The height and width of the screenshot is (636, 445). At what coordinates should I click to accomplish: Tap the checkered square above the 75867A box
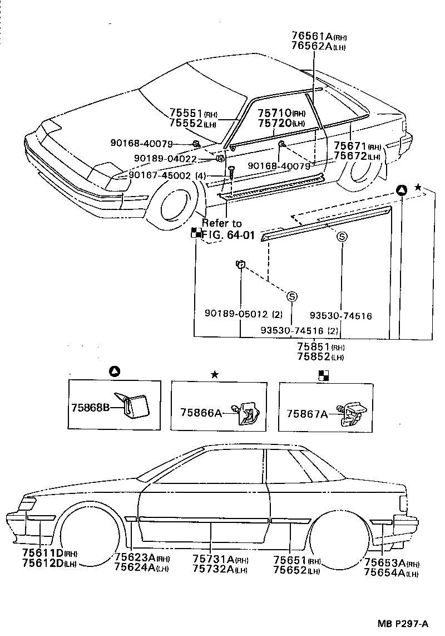[323, 374]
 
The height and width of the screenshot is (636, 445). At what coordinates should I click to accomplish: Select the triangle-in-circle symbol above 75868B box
[113, 371]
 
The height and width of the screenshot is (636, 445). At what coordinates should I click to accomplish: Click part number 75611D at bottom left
[43, 553]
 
